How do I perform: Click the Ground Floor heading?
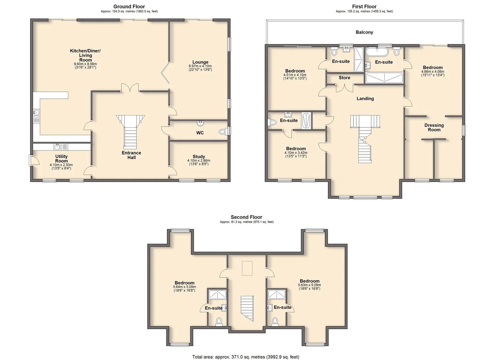click(129, 7)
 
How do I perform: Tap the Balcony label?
click(364, 32)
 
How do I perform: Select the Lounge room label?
click(200, 62)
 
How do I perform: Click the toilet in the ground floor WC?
click(223, 132)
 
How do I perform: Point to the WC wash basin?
click(201, 123)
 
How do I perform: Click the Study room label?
click(199, 156)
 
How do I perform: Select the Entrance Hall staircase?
click(130, 132)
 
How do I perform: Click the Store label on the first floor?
click(345, 78)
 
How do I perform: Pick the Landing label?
click(365, 99)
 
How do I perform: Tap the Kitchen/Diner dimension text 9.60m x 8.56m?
click(85, 64)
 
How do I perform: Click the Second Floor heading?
click(247, 217)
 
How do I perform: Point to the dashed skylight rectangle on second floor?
click(247, 268)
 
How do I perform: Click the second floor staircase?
click(247, 309)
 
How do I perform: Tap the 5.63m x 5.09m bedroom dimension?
click(310, 285)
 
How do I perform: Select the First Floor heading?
click(364, 7)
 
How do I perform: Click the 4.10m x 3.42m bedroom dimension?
click(296, 153)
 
